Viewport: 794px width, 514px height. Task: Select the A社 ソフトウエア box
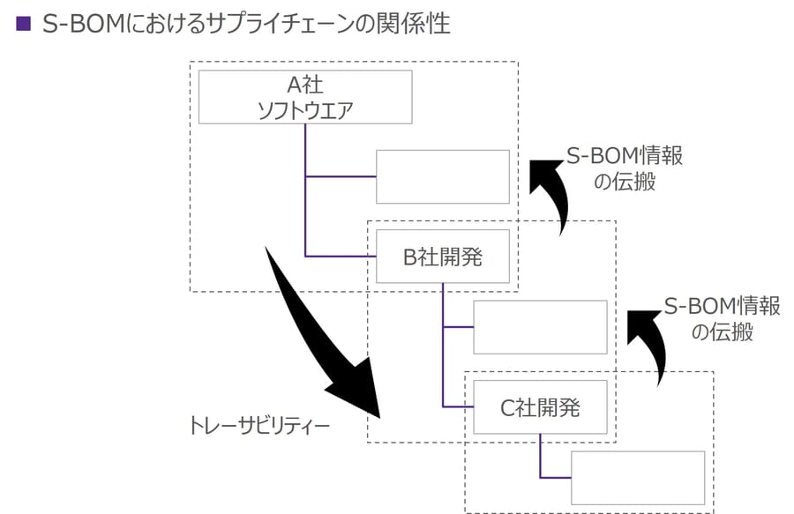tap(305, 97)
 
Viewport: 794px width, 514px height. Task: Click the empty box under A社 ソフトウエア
tap(443, 176)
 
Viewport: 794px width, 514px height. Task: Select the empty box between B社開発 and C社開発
tap(540, 327)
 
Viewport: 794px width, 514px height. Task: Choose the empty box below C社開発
tap(637, 477)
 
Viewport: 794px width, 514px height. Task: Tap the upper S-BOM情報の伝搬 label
tap(625, 168)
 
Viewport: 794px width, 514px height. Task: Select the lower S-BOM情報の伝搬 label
tap(723, 318)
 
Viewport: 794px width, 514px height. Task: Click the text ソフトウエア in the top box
tap(305, 109)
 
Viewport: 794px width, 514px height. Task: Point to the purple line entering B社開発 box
tap(340, 256)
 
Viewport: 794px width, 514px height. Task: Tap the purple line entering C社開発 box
tap(458, 406)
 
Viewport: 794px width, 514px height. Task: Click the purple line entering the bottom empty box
tap(556, 477)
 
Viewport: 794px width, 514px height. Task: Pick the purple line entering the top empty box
tap(341, 176)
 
